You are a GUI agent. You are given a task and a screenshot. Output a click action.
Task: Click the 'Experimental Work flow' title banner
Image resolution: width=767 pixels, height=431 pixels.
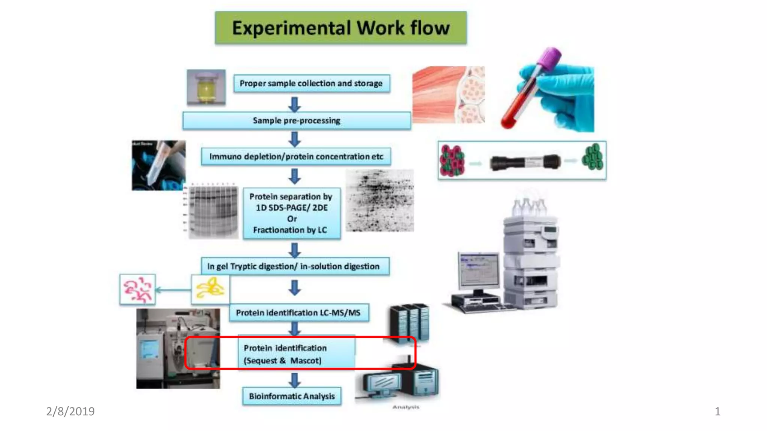340,28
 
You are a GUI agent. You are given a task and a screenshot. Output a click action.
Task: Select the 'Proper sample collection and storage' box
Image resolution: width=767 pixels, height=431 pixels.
311,83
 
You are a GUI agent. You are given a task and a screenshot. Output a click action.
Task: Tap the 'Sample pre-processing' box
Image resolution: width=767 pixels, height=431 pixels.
296,120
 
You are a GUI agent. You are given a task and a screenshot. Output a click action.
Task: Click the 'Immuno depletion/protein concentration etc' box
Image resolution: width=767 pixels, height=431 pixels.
296,156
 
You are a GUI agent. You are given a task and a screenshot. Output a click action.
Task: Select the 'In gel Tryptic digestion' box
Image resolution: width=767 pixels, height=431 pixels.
295,266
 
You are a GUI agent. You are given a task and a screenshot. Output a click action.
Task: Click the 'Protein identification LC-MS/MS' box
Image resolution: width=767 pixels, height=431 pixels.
298,313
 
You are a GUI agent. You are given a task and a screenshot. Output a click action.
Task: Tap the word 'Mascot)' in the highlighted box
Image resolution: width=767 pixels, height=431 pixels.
306,361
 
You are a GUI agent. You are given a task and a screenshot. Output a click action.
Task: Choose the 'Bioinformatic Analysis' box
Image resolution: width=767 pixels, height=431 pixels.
292,396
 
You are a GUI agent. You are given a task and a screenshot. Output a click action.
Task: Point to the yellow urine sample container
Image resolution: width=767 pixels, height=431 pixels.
206,87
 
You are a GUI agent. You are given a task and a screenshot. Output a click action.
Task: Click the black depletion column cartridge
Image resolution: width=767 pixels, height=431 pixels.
525,162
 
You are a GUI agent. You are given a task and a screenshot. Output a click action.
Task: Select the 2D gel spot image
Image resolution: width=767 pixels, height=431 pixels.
379,201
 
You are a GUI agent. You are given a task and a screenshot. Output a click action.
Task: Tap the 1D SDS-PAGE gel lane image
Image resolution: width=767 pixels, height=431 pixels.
213,211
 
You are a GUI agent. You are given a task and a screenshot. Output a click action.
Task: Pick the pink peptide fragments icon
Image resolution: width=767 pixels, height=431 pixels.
137,289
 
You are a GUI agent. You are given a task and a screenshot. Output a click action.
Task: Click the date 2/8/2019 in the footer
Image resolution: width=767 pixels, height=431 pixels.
70,411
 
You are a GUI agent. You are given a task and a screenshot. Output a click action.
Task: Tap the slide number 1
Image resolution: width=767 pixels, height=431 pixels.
717,412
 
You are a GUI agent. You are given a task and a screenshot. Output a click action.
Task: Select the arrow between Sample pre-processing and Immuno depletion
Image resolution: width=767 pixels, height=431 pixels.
295,139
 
